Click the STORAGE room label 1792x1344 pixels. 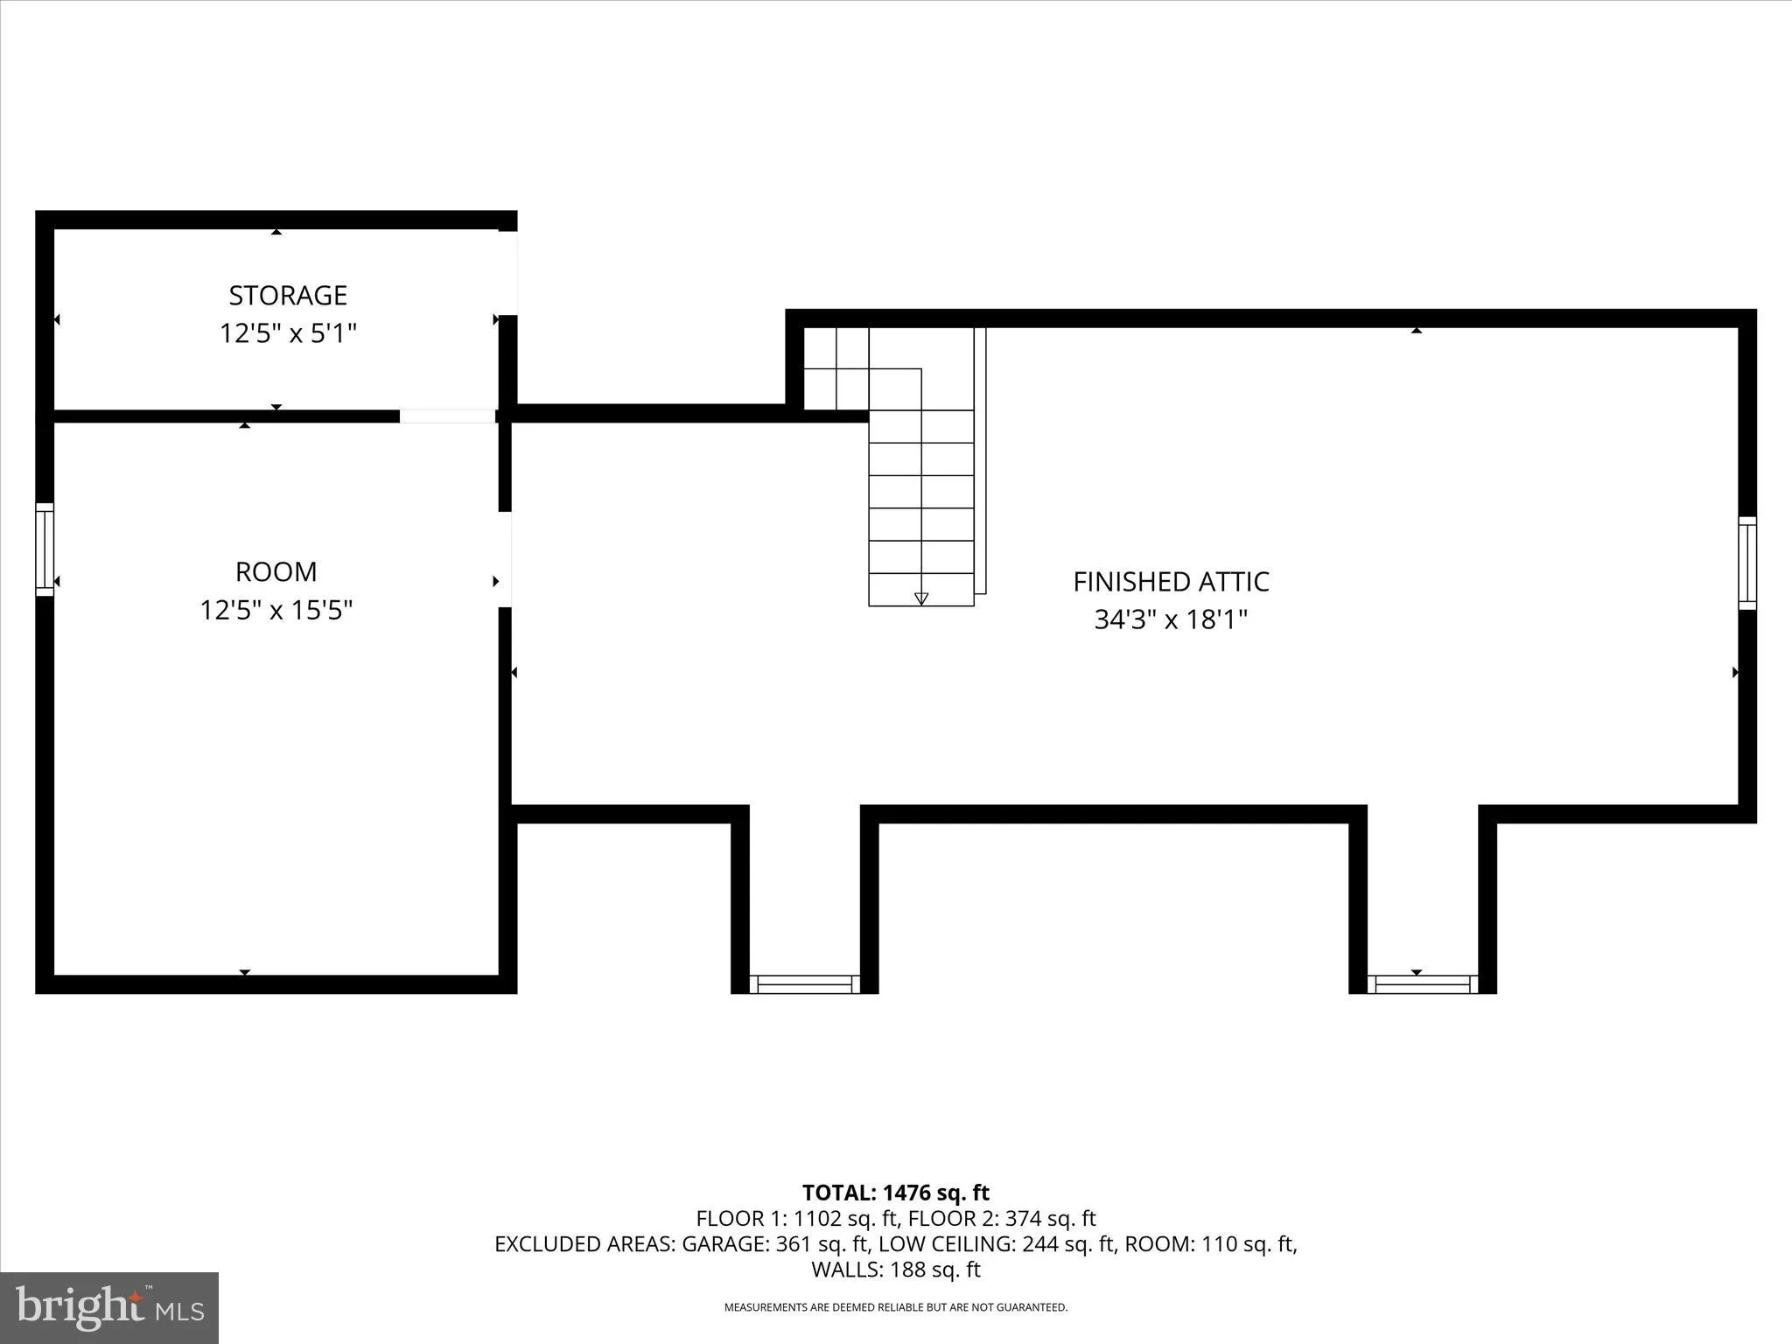click(x=288, y=296)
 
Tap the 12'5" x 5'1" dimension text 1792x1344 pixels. click(x=288, y=333)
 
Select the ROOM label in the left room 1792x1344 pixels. click(x=276, y=572)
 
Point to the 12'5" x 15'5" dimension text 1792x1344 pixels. click(x=276, y=610)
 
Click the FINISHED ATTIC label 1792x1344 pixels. click(x=1171, y=582)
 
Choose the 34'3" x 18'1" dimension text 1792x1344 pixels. click(x=1171, y=619)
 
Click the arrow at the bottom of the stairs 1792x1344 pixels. click(x=920, y=598)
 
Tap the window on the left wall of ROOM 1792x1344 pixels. click(x=45, y=549)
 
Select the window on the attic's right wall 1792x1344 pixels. click(x=1746, y=563)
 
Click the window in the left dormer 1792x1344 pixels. click(x=805, y=984)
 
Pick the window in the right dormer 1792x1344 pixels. click(x=1423, y=984)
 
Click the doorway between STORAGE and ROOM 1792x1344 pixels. click(x=447, y=416)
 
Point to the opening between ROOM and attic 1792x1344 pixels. click(x=505, y=559)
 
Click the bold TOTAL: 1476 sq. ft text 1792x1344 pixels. click(x=895, y=1193)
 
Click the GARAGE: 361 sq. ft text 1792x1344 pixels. click(x=775, y=1244)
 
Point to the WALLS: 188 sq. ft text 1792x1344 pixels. click(x=895, y=1270)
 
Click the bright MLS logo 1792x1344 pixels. click(x=109, y=1307)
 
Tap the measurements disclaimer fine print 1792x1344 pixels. click(x=895, y=1307)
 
